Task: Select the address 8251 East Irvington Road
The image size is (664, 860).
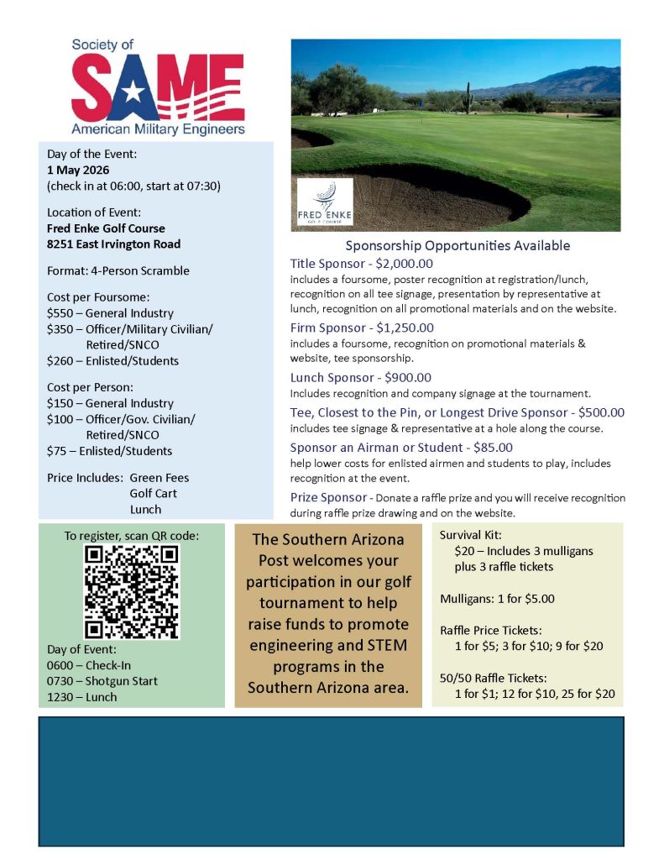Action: coord(113,244)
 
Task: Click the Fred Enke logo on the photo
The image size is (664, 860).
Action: coord(326,202)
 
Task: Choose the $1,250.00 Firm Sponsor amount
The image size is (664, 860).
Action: coord(405,328)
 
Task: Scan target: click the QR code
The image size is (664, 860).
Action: coord(133,591)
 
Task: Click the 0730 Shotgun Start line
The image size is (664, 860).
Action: coord(102,681)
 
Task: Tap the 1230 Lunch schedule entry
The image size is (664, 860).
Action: coord(81,697)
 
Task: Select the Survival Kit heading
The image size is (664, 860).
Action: coord(473,534)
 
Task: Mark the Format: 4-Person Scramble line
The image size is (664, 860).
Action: coord(118,270)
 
